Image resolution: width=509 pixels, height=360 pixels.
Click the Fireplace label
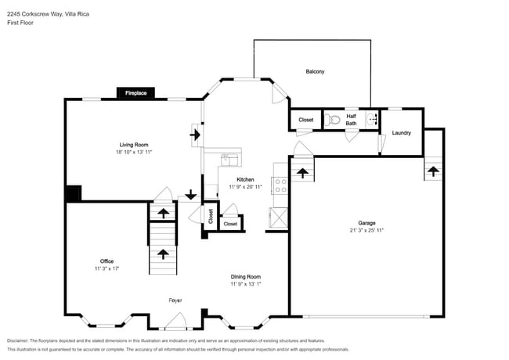pos(136,93)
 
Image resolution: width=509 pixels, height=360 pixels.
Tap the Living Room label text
pos(134,145)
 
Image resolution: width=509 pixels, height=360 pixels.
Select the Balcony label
pos(315,72)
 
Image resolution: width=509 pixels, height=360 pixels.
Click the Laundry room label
pos(401,133)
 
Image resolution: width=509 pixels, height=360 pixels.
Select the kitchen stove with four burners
pos(280,185)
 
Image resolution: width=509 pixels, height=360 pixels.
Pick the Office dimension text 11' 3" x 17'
pos(106,268)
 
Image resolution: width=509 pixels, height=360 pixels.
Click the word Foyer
pos(175,300)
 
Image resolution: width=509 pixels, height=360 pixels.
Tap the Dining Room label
pos(245,276)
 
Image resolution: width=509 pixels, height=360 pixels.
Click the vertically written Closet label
pos(210,216)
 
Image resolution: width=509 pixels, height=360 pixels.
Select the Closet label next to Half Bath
pos(305,121)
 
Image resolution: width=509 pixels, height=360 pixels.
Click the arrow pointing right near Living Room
pos(194,135)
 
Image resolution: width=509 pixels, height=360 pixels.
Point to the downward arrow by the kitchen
pos(190,195)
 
